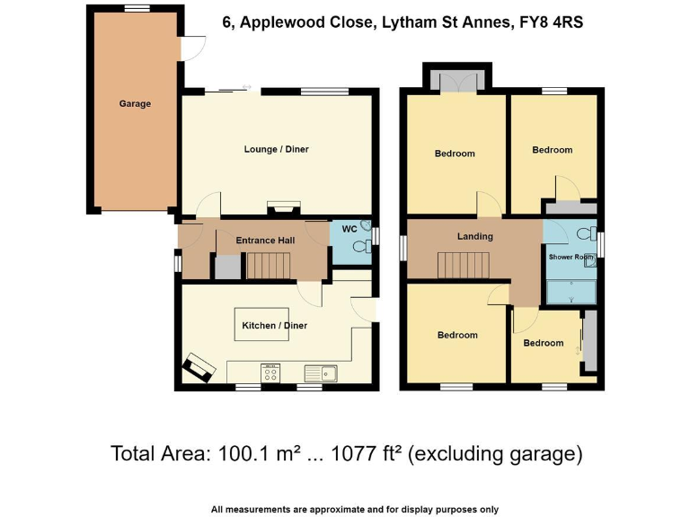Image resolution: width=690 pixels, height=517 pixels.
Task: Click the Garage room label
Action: (x=135, y=104)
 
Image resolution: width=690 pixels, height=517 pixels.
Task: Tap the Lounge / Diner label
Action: (x=276, y=149)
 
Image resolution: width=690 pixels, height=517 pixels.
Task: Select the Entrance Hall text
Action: (x=265, y=241)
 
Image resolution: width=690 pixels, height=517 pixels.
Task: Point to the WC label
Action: (x=349, y=230)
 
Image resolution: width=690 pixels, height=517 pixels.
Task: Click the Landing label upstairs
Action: (x=474, y=237)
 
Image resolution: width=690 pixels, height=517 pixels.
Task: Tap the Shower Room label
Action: (x=571, y=258)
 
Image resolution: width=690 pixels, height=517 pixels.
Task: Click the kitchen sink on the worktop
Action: (x=320, y=372)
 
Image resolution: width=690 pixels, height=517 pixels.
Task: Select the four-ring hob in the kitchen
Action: (x=270, y=372)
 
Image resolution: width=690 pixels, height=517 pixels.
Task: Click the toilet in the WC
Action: (x=365, y=226)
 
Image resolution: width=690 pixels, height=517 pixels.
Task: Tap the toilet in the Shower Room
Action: (x=587, y=234)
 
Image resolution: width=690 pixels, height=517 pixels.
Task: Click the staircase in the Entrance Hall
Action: (x=266, y=266)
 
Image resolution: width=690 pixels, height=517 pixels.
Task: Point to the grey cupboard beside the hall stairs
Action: (x=227, y=267)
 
